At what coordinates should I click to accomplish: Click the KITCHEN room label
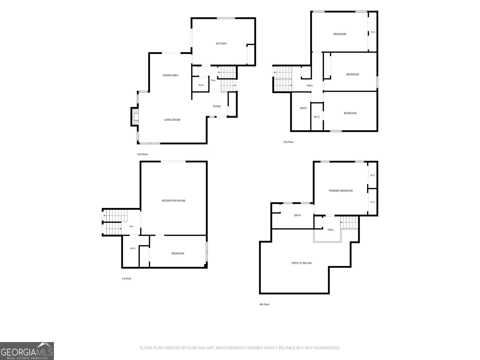pyautogui.click(x=221, y=43)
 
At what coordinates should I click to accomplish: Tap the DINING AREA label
pyautogui.click(x=170, y=75)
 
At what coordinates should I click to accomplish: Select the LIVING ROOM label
pyautogui.click(x=172, y=120)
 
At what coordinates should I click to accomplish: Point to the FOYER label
pyautogui.click(x=217, y=106)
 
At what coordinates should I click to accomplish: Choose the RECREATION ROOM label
pyautogui.click(x=173, y=201)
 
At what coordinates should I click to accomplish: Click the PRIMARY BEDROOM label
pyautogui.click(x=341, y=191)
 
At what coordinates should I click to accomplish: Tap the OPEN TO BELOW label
pyautogui.click(x=301, y=263)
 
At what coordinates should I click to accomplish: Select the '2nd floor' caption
pyautogui.click(x=142, y=154)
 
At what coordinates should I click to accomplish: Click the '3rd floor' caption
pyautogui.click(x=288, y=142)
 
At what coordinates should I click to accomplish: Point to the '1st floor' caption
pyautogui.click(x=126, y=279)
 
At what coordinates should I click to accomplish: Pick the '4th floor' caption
pyautogui.click(x=264, y=304)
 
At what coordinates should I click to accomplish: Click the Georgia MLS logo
pyautogui.click(x=27, y=351)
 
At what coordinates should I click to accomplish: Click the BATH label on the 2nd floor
pyautogui.click(x=201, y=85)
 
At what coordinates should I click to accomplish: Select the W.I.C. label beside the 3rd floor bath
pyautogui.click(x=317, y=117)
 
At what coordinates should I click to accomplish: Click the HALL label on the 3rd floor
pyautogui.click(x=310, y=85)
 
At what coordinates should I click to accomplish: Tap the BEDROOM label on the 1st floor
pyautogui.click(x=178, y=253)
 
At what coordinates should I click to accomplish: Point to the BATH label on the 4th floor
pyautogui.click(x=297, y=215)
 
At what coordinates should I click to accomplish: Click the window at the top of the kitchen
pyautogui.click(x=226, y=18)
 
